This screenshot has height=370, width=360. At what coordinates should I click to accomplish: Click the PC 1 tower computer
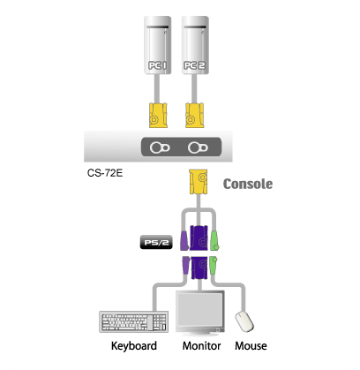(x=157, y=45)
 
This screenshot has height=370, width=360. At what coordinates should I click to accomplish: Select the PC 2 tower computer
(x=195, y=45)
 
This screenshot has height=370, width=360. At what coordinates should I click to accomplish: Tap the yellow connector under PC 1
(x=158, y=115)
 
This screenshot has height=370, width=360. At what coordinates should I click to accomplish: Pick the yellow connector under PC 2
(x=194, y=115)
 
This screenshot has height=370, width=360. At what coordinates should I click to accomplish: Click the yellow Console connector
(x=199, y=182)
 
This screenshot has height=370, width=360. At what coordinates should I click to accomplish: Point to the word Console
(x=248, y=184)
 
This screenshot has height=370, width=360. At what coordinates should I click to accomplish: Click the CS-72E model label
(x=105, y=173)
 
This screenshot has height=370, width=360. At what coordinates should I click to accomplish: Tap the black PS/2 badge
(x=156, y=243)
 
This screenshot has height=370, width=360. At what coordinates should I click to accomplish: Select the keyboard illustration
(x=134, y=321)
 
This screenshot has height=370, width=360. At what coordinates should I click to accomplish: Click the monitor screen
(x=200, y=308)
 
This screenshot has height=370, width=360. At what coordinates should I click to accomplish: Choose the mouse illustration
(x=244, y=321)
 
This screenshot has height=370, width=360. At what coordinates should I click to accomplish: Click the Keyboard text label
(x=134, y=346)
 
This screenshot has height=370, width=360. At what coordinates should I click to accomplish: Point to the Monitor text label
(x=201, y=346)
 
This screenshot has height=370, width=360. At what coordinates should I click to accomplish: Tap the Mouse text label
(x=251, y=346)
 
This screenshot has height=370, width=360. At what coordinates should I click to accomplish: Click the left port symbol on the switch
(x=160, y=147)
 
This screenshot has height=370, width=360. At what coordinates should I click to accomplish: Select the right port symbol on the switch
(x=198, y=147)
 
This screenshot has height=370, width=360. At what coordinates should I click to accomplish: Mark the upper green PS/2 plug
(x=214, y=241)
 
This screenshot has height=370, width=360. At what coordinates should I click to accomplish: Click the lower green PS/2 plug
(x=213, y=265)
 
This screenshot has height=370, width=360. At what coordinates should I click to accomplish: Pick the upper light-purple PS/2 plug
(x=184, y=241)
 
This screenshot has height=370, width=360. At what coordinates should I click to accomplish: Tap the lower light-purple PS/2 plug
(x=186, y=266)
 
